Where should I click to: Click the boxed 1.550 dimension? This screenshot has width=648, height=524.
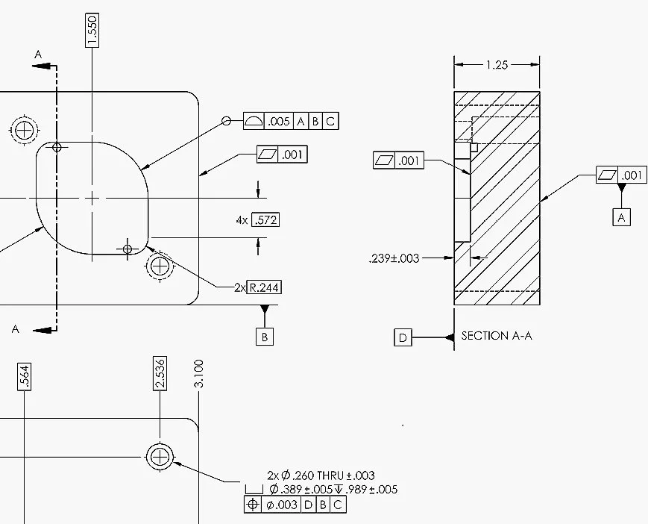[x=92, y=30]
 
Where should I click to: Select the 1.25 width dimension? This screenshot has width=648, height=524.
[x=496, y=65]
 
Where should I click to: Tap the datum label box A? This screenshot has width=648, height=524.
[x=621, y=216]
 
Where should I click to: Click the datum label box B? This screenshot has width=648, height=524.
[x=264, y=337]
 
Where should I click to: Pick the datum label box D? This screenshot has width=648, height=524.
[x=403, y=338]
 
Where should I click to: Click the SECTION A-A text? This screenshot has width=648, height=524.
[x=496, y=336]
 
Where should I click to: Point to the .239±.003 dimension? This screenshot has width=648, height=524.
[x=394, y=258]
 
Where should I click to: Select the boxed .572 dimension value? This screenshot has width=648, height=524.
[x=265, y=220]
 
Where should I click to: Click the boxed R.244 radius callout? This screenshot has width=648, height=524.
[x=265, y=287]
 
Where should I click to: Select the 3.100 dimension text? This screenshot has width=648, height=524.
[x=198, y=373]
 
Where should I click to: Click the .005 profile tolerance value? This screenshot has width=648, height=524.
[x=279, y=121]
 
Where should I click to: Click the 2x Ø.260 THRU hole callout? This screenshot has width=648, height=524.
[x=321, y=475]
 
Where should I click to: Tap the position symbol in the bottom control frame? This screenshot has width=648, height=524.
[x=253, y=505]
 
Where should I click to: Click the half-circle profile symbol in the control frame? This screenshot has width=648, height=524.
[x=254, y=121]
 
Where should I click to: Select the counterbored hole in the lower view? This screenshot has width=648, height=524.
[x=160, y=455]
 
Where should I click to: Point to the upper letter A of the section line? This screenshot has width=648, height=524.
[x=39, y=54]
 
